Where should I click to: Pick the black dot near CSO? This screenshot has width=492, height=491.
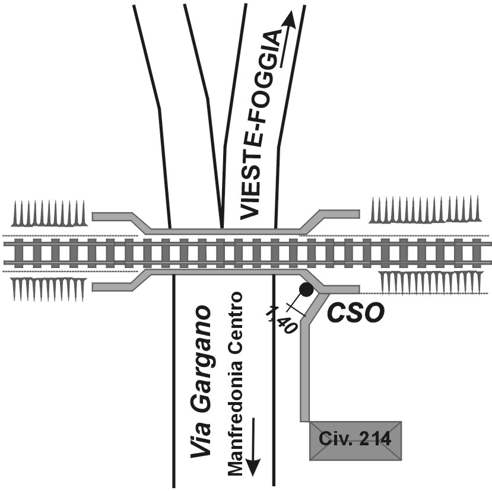pos(306,289)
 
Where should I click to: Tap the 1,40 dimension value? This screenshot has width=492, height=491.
pos(281,319)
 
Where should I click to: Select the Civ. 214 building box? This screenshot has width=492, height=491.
pos(355,441)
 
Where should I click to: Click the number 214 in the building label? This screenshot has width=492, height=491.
pos(372,439)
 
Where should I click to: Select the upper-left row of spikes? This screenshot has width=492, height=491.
pos(50,213)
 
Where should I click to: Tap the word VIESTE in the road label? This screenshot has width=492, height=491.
pos(250,178)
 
